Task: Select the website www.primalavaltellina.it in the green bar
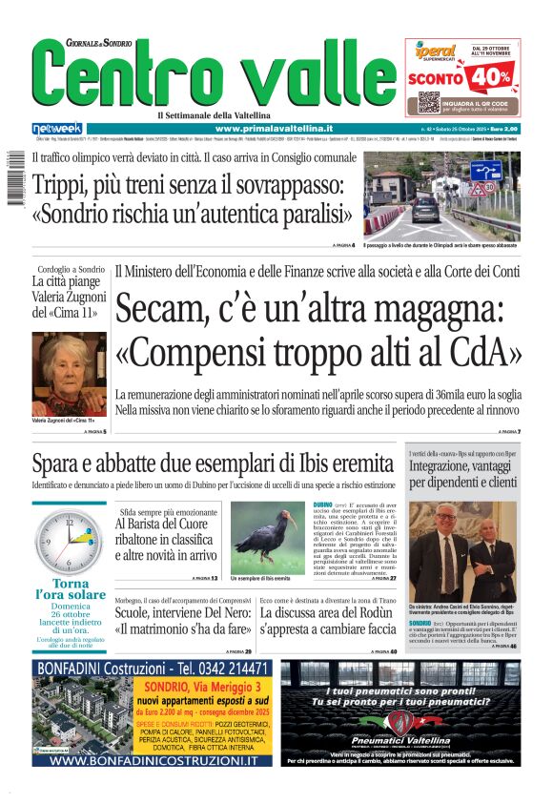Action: click(x=274, y=129)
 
